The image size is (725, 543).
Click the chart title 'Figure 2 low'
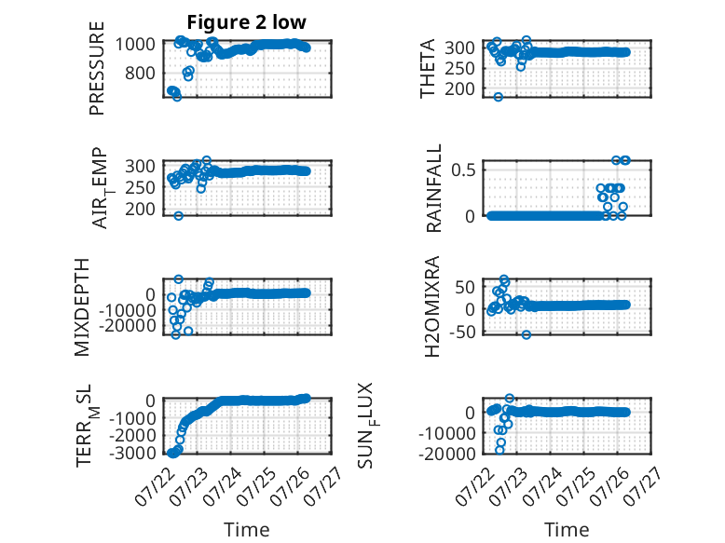coord(246,22)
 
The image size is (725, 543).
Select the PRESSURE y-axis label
coord(97,68)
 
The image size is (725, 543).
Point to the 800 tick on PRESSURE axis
coord(140,73)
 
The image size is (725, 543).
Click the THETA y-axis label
coord(428,68)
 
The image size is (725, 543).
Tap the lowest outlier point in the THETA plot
coord(498,97)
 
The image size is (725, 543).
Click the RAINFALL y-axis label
coord(434,188)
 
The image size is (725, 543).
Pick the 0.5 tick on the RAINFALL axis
coord(464,170)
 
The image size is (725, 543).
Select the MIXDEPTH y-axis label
coord(82,307)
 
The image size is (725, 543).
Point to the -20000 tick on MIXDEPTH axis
coord(127,326)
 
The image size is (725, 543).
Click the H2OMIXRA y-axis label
coord(432,306)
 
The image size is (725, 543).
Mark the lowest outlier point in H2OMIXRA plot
coord(527,334)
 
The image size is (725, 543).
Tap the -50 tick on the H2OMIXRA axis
coord(465,332)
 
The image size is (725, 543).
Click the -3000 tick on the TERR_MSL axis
coord(132,453)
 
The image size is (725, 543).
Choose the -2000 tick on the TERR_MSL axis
coord(132,435)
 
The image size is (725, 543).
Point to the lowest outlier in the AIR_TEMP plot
coord(179,216)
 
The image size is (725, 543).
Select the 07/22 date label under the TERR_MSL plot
coord(151,487)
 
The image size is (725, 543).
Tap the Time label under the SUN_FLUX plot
coord(567,529)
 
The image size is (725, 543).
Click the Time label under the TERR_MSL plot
coord(247,529)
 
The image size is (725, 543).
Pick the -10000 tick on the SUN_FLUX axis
coord(447,433)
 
